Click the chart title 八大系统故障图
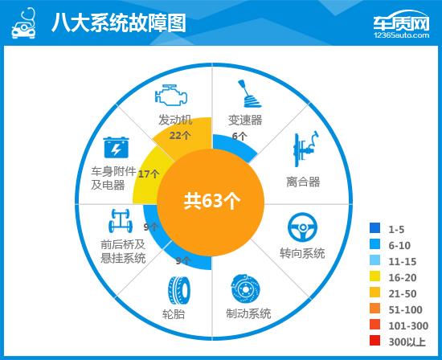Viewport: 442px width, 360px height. [x=118, y=22]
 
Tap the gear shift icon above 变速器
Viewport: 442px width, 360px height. [x=247, y=96]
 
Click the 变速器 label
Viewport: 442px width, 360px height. [x=246, y=121]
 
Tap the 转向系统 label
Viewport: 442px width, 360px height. [x=302, y=253]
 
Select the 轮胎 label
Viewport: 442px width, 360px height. [x=174, y=313]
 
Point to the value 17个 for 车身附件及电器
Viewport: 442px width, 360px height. [x=148, y=174]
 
